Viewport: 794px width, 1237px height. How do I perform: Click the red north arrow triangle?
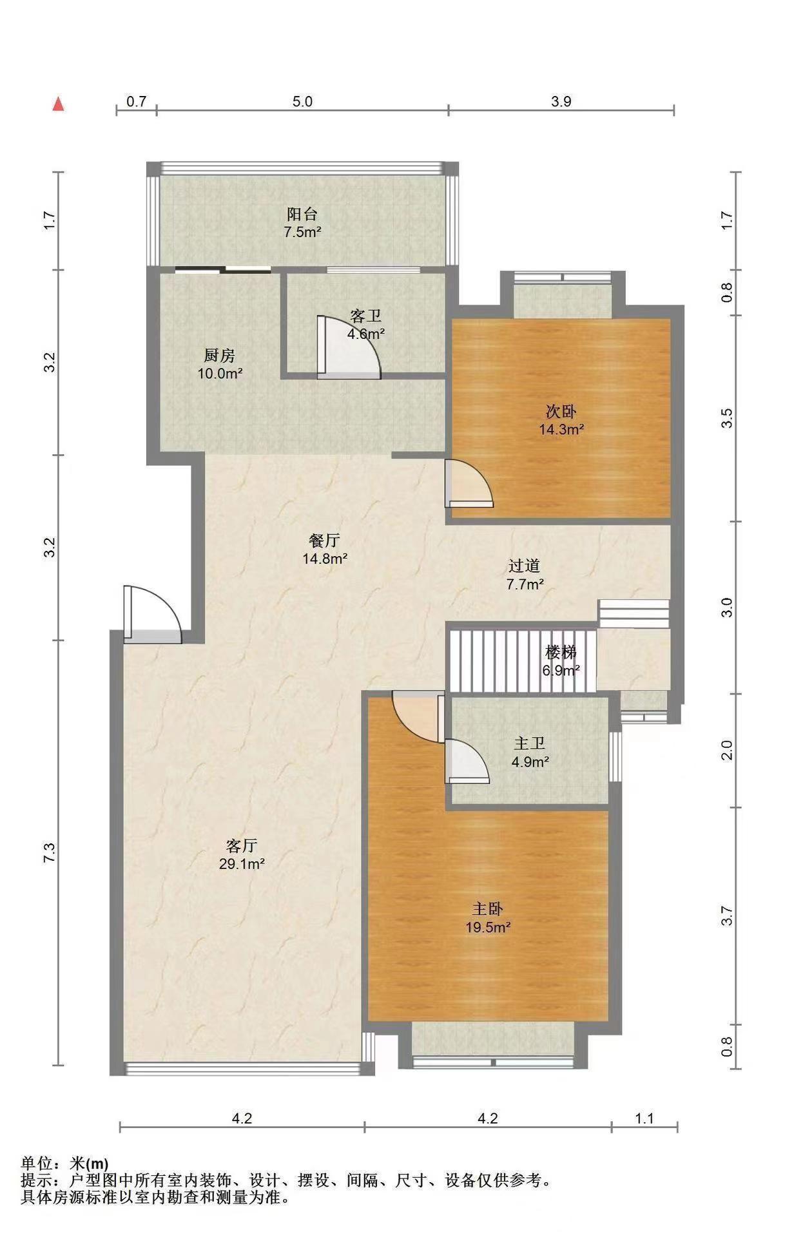tap(58, 104)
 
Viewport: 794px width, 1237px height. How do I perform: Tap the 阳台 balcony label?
tap(302, 214)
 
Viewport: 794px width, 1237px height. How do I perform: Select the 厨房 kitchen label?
tap(220, 355)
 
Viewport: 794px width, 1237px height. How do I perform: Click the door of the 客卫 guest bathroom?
tap(349, 346)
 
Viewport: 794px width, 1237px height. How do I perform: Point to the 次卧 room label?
tap(561, 411)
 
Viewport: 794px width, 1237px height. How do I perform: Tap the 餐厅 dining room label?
tap(325, 541)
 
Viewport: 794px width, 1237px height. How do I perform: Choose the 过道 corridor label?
tap(525, 566)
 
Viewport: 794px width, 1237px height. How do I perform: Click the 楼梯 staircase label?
tap(561, 651)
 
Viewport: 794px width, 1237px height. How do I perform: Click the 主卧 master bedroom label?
tap(488, 909)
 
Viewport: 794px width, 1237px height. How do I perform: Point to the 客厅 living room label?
tap(242, 846)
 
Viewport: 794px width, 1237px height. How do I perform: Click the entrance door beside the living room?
tap(152, 614)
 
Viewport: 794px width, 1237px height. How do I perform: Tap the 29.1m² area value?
tap(242, 865)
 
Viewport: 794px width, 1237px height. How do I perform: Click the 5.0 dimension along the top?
tap(302, 102)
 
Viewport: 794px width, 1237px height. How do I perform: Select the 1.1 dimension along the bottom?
tap(644, 1118)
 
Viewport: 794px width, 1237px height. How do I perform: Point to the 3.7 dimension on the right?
tap(727, 916)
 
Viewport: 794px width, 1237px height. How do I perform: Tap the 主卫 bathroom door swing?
tap(467, 761)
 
